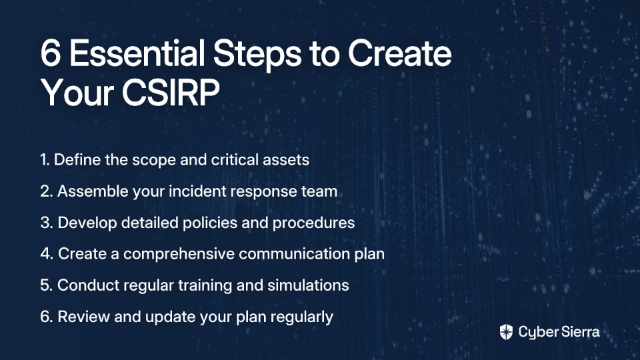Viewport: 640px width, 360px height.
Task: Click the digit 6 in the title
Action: (x=51, y=53)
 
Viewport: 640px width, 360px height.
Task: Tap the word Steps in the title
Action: (x=257, y=55)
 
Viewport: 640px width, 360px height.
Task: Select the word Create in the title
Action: (x=399, y=53)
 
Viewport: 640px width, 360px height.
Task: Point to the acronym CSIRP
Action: (x=171, y=93)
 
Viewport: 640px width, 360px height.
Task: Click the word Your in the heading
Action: (x=77, y=93)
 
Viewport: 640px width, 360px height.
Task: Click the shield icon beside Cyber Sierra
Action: (x=506, y=332)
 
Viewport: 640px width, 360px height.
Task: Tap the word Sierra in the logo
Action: (x=579, y=332)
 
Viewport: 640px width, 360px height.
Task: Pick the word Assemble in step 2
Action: (x=93, y=191)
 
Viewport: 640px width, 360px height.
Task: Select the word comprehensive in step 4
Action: (x=179, y=254)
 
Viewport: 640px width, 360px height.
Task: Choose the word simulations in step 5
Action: (x=308, y=285)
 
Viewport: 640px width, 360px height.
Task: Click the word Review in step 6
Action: (x=84, y=317)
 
